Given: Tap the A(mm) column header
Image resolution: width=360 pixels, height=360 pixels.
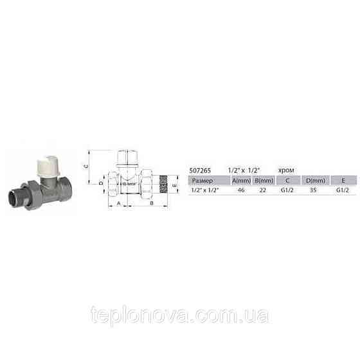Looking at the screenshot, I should tap(241, 181).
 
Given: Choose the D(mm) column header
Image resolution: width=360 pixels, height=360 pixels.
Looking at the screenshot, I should tap(313, 181).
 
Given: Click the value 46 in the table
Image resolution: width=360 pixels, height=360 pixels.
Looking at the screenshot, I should tap(241, 191).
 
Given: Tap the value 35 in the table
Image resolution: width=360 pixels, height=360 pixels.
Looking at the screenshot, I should tap(313, 191).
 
